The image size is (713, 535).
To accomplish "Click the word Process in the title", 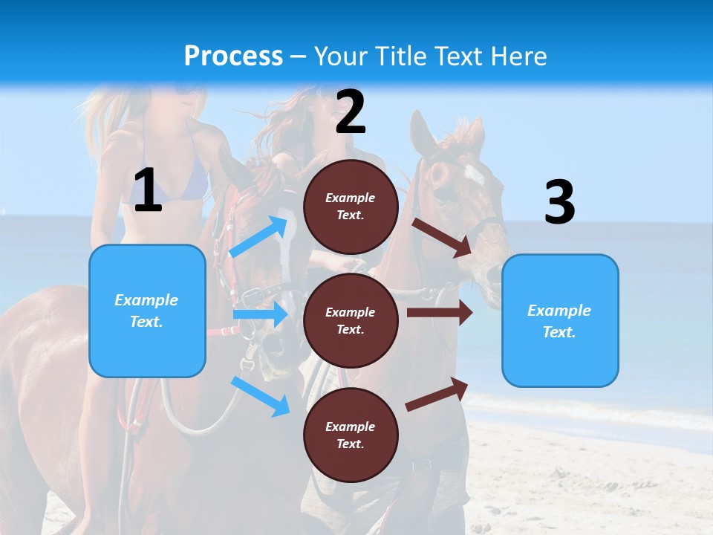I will (x=233, y=56).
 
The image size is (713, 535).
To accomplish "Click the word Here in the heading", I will (x=517, y=56).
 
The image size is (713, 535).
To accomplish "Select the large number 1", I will (x=148, y=191).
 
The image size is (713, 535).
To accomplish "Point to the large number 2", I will (x=351, y=112).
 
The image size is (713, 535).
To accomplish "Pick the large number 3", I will (x=559, y=203).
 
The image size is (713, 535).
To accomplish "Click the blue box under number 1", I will (x=147, y=311).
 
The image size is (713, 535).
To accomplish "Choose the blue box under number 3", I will (x=559, y=321).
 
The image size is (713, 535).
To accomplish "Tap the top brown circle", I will (x=351, y=207).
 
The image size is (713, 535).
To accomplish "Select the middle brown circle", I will (x=351, y=320).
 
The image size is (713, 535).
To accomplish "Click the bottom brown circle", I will (x=351, y=435).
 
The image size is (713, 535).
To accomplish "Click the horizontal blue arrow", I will (x=260, y=314).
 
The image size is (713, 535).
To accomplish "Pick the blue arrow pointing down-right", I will (x=261, y=396).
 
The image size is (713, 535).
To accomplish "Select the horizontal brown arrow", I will (x=439, y=313).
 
